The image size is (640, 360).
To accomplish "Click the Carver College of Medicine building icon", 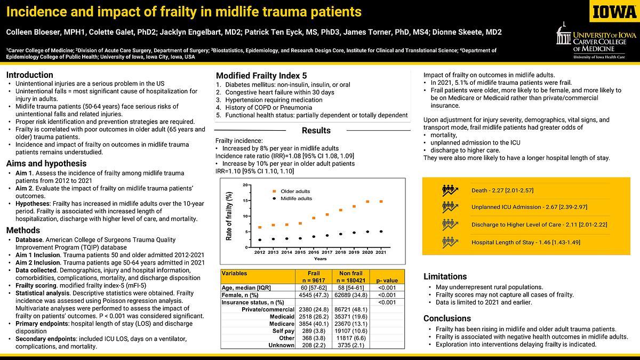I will [x=564, y=35].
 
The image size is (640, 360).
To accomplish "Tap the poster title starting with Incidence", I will [x=183, y=11].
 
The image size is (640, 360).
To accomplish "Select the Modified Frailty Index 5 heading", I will [x=261, y=76].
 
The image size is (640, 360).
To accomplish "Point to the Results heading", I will [x=316, y=131].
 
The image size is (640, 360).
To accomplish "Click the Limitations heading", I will [x=445, y=276].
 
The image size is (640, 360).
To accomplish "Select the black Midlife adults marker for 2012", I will [x=260, y=239].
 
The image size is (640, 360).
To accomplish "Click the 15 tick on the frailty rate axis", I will [x=245, y=201].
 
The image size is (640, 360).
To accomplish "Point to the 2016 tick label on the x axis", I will [x=313, y=252].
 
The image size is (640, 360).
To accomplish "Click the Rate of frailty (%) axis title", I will [x=229, y=216].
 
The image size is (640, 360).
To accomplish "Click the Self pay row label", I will [x=283, y=331].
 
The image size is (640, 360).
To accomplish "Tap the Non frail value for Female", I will [x=350, y=294].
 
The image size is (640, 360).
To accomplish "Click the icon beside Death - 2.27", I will [x=450, y=190].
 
